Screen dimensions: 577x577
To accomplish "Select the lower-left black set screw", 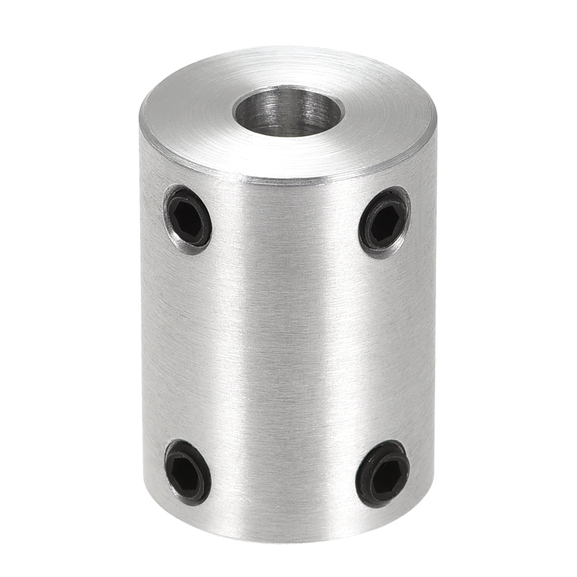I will point(188,471).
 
